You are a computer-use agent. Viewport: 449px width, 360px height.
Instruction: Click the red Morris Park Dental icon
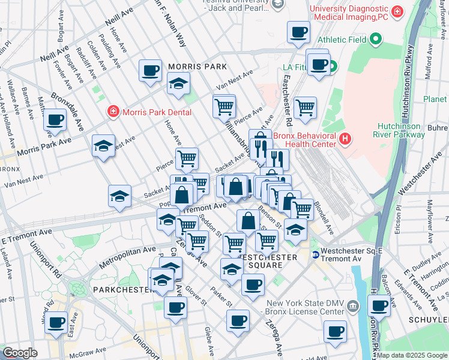[112, 112]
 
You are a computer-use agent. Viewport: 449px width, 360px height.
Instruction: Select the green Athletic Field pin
[376, 40]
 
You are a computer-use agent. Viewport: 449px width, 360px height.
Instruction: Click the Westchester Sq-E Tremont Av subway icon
[315, 254]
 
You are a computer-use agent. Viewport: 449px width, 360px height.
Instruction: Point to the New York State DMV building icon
[354, 307]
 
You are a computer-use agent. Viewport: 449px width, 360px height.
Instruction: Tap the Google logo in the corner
[20, 353]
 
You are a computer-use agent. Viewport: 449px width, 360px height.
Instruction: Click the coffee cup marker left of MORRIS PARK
[150, 70]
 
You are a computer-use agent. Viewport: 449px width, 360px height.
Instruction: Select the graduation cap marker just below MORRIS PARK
[178, 83]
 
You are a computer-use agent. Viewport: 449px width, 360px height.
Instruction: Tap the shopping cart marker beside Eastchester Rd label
[305, 107]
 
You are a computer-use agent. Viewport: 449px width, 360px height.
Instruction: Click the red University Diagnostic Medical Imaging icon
[397, 11]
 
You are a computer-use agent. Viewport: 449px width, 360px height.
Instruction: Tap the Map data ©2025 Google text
[411, 355]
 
